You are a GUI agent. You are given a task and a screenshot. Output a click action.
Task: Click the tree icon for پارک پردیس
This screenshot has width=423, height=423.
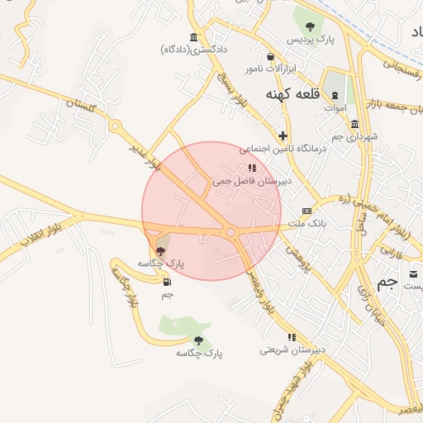point(310,25)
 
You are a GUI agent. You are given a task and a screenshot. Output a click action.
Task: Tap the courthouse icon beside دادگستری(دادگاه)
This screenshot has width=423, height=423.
point(193,36)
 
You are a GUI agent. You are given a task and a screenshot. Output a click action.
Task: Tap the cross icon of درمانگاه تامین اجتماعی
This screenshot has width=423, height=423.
point(283,135)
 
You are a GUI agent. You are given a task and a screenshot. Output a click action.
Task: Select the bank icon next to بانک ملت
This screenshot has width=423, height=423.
point(307,211)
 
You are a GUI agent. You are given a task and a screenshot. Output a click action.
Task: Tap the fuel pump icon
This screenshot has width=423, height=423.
point(168,281)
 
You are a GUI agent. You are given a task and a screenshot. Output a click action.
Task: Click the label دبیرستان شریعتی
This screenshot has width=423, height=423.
point(291,350)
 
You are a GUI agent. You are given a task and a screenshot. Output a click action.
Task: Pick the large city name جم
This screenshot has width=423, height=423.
point(387,282)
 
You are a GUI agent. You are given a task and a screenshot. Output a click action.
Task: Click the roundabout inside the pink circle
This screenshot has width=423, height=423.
point(230,233)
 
